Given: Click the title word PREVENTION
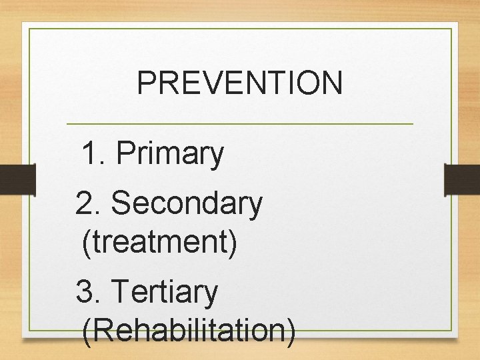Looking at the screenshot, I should click(x=239, y=83).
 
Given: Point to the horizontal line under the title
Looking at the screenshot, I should click(x=240, y=124).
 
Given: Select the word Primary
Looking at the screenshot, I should click(x=169, y=155).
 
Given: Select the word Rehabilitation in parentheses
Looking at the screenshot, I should click(x=189, y=330).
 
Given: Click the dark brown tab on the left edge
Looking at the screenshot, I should click(x=17, y=180).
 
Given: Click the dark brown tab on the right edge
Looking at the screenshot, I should click(x=462, y=180).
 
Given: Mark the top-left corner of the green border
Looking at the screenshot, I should click(x=29, y=29).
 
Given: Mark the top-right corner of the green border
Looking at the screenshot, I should click(x=451, y=29).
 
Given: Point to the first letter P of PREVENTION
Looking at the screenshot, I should click(x=145, y=83).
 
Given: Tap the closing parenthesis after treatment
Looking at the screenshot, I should click(x=232, y=242).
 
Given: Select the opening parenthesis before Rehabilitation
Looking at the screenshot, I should click(x=86, y=331).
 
